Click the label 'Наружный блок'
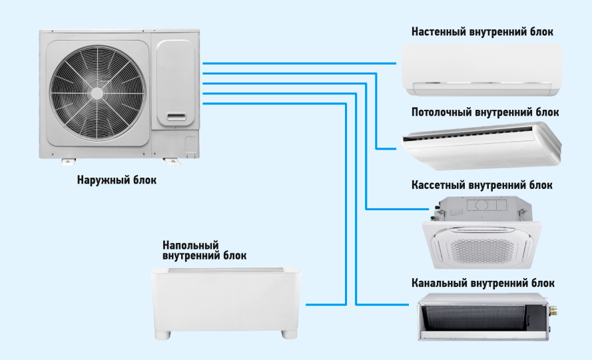pyautogui.click(x=117, y=180)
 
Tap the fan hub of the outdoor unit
pyautogui.click(x=98, y=92)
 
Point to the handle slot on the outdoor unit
pyautogui.click(x=176, y=117)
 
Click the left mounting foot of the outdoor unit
pyautogui.click(x=68, y=160)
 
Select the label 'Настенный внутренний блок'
pyautogui.click(x=482, y=32)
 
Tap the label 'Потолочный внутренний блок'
pyautogui.click(x=485, y=112)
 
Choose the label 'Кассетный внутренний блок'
pyautogui.click(x=482, y=184)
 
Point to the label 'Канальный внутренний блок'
pyautogui.click(x=483, y=283)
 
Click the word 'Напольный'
pyautogui.click(x=190, y=245)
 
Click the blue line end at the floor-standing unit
pyautogui.click(x=310, y=303)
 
